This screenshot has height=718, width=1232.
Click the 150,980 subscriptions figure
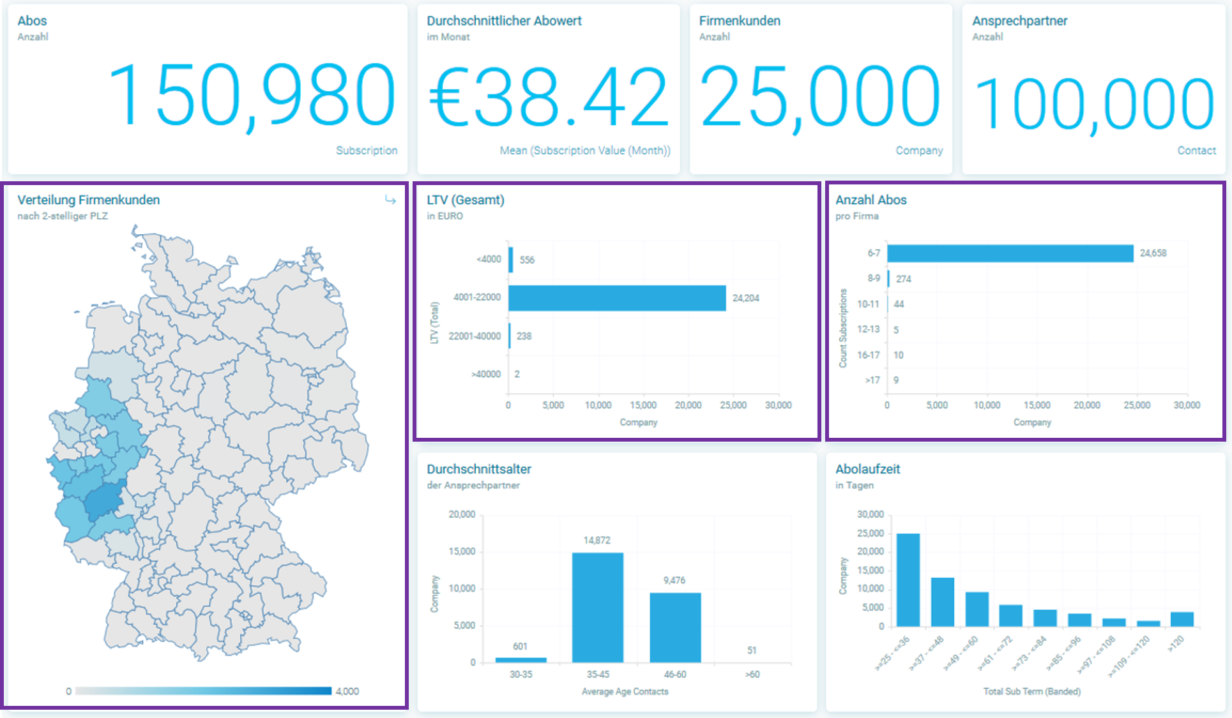click(252, 96)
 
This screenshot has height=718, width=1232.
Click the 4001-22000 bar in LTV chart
click(617, 298)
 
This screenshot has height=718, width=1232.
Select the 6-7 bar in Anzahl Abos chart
click(1010, 253)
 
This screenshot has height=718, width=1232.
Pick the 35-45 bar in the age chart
click(597, 607)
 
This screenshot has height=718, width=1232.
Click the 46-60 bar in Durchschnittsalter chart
click(675, 627)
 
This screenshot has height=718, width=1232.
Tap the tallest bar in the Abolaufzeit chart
click(908, 580)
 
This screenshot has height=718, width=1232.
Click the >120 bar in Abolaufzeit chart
click(1182, 619)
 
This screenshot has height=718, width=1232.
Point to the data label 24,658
click(1153, 253)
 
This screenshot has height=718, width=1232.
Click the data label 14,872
click(597, 541)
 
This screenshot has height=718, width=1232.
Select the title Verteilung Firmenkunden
click(89, 200)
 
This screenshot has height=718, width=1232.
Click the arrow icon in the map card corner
click(390, 200)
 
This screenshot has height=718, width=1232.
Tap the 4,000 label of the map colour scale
click(347, 691)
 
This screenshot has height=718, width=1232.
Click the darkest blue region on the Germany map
click(103, 501)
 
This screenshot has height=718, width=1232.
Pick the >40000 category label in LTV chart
click(486, 374)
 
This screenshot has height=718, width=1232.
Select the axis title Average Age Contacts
click(625, 691)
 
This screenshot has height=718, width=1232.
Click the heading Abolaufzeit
click(867, 469)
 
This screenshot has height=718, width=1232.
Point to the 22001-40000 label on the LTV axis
click(475, 336)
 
